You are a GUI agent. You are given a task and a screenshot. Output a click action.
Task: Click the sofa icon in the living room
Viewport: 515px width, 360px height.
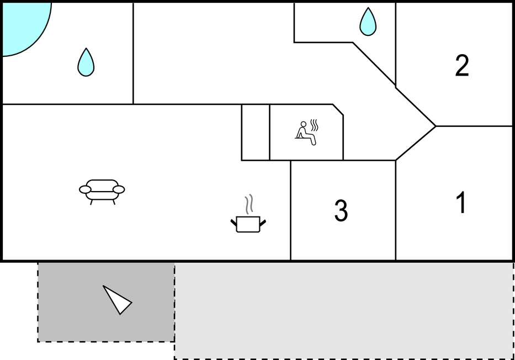(102, 192)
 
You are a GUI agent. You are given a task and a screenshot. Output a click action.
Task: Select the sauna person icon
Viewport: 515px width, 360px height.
(307, 132)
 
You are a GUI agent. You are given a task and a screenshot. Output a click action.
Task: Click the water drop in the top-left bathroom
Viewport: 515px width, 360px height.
(86, 62)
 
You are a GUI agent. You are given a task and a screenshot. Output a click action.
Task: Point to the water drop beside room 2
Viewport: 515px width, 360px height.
(368, 22)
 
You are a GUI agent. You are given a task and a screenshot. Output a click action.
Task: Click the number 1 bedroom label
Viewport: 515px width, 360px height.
(461, 202)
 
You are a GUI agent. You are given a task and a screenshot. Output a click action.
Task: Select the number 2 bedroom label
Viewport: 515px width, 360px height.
(462, 66)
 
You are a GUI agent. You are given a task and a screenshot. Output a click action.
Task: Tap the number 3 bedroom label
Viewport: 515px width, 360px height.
(341, 210)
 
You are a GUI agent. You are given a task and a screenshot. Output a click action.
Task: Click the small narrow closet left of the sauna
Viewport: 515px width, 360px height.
(256, 133)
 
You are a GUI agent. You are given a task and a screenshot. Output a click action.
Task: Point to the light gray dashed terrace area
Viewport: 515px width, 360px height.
(343, 310)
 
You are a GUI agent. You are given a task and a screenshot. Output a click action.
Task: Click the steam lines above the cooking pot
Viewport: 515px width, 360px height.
(249, 204)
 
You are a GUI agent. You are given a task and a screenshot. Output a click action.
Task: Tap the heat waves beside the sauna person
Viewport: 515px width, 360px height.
(314, 125)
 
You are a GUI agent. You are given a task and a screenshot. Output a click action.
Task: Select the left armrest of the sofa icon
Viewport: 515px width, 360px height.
(85, 189)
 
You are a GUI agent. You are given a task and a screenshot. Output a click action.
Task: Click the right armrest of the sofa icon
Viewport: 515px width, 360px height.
(119, 189)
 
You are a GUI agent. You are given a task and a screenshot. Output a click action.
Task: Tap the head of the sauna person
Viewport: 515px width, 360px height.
(304, 124)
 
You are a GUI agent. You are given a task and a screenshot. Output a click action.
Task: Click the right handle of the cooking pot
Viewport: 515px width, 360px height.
(262, 224)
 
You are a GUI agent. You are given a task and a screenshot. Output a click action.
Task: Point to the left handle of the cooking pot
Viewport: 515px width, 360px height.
(234, 224)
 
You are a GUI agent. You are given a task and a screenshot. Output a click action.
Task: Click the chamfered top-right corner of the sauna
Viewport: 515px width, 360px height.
(338, 110)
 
